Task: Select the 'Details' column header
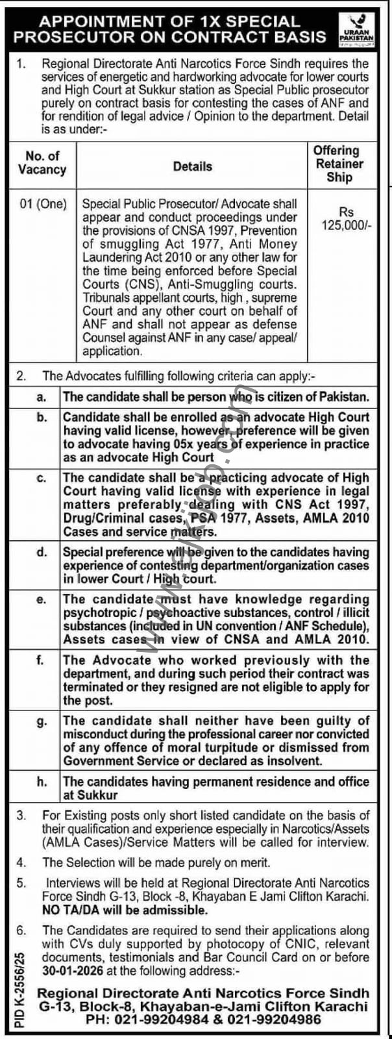coord(192,166)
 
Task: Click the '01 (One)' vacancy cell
coord(43,204)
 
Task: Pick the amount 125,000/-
coord(347,225)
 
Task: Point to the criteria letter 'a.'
coord(41,396)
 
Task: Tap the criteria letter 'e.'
coord(41,600)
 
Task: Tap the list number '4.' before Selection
coord(21,863)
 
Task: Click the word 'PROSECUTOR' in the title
coord(73,36)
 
